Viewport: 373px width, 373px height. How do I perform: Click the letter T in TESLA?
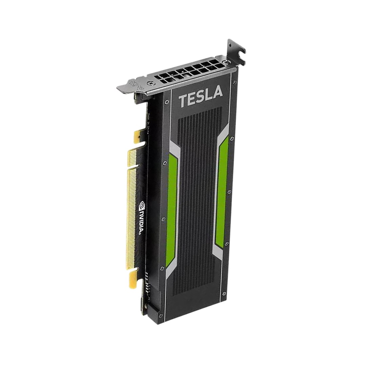click(183, 101)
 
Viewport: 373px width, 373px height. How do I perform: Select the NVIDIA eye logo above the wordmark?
click(142, 205)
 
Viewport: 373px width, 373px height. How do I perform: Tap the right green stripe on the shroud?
click(222, 190)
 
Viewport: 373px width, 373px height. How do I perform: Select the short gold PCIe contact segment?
click(133, 158)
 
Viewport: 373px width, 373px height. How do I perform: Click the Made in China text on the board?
click(149, 124)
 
